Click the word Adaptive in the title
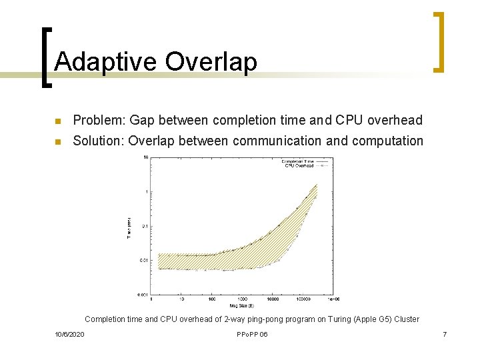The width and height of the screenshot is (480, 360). (106, 62)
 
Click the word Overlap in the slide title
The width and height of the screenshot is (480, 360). (211, 62)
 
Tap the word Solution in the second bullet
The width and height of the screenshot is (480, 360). (98, 141)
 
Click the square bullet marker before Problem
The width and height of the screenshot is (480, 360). (58, 121)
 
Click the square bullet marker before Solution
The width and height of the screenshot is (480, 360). (58, 141)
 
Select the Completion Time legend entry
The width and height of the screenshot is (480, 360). (297, 161)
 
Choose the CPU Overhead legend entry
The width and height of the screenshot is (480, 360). (299, 165)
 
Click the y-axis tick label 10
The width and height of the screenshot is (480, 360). (145, 158)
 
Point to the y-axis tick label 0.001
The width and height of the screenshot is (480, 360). (143, 294)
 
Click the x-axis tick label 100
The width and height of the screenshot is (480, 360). (211, 299)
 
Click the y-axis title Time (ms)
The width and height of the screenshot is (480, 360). (130, 227)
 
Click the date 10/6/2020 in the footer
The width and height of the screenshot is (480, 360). (69, 334)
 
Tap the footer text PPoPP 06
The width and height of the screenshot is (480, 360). (252, 334)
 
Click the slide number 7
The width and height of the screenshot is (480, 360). (444, 334)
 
